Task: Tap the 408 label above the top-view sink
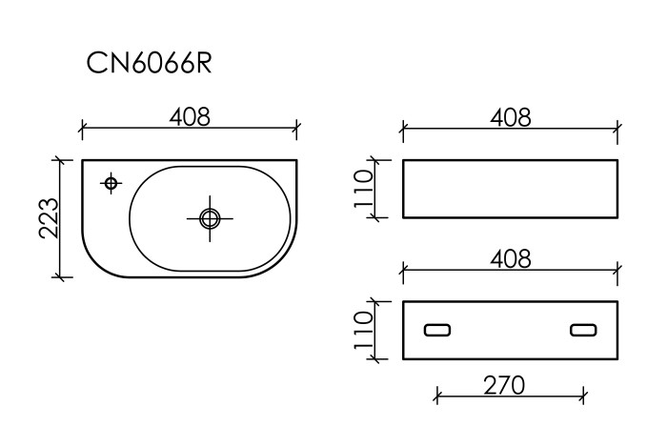point(190,117)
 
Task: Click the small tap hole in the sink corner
point(111,181)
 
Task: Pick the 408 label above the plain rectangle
point(510,117)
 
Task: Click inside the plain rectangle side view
point(510,189)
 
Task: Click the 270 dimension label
point(506,385)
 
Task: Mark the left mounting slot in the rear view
point(437,330)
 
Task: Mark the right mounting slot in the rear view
point(582,330)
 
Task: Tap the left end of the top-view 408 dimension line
point(82,127)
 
